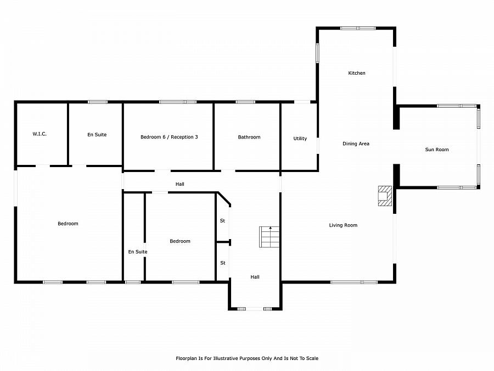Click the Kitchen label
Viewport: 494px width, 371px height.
click(x=357, y=73)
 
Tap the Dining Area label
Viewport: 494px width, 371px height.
click(x=356, y=143)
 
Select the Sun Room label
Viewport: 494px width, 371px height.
click(x=437, y=149)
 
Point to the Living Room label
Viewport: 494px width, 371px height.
click(x=343, y=225)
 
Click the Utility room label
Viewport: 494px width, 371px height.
click(x=300, y=139)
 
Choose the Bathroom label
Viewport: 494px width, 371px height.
click(x=249, y=137)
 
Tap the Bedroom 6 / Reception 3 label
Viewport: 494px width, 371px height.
click(x=169, y=137)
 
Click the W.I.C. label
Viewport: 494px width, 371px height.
click(x=40, y=134)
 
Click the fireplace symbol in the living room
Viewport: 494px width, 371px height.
click(x=385, y=196)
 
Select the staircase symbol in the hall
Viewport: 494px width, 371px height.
click(x=269, y=237)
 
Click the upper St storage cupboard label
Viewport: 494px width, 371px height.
click(x=222, y=221)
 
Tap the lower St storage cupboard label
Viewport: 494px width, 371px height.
click(x=223, y=263)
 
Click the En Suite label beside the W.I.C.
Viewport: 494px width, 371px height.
click(x=97, y=135)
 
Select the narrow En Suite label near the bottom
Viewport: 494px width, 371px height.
click(x=138, y=252)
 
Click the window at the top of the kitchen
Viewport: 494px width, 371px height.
click(x=358, y=29)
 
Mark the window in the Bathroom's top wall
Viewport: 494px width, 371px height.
click(x=245, y=102)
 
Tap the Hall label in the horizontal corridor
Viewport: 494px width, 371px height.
click(x=180, y=184)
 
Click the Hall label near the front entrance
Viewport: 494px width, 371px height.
click(x=255, y=277)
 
